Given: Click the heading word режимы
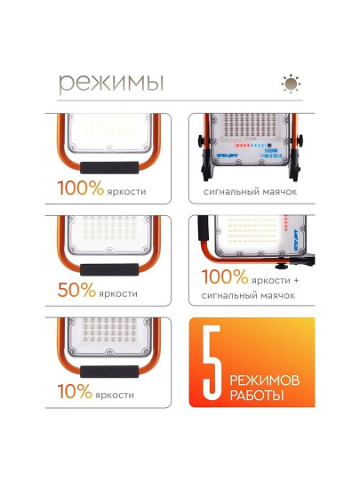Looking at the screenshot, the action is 111,83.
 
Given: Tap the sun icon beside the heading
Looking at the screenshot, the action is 291,84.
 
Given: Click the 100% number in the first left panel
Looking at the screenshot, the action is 81,188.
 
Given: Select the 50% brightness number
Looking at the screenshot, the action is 76,290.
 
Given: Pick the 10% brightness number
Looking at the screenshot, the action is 75,391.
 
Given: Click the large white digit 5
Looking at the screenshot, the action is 212,362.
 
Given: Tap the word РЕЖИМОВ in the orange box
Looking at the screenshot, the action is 265,380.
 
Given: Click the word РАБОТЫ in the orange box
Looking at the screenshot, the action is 257,396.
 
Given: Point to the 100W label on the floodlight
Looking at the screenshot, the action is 270,150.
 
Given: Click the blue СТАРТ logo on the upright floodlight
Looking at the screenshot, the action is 228,156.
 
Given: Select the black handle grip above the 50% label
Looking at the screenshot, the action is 109,269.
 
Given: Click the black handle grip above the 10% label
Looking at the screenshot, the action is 109,372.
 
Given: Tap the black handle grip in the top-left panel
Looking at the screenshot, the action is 109,168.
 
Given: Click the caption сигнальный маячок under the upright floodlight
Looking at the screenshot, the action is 250,192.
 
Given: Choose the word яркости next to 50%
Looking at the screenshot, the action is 118,293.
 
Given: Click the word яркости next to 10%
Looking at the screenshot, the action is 115,395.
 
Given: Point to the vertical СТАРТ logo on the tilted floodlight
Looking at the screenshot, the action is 296,240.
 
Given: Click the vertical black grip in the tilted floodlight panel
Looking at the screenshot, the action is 203,228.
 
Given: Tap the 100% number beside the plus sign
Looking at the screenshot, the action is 225,276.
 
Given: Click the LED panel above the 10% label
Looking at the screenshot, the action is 109,335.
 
